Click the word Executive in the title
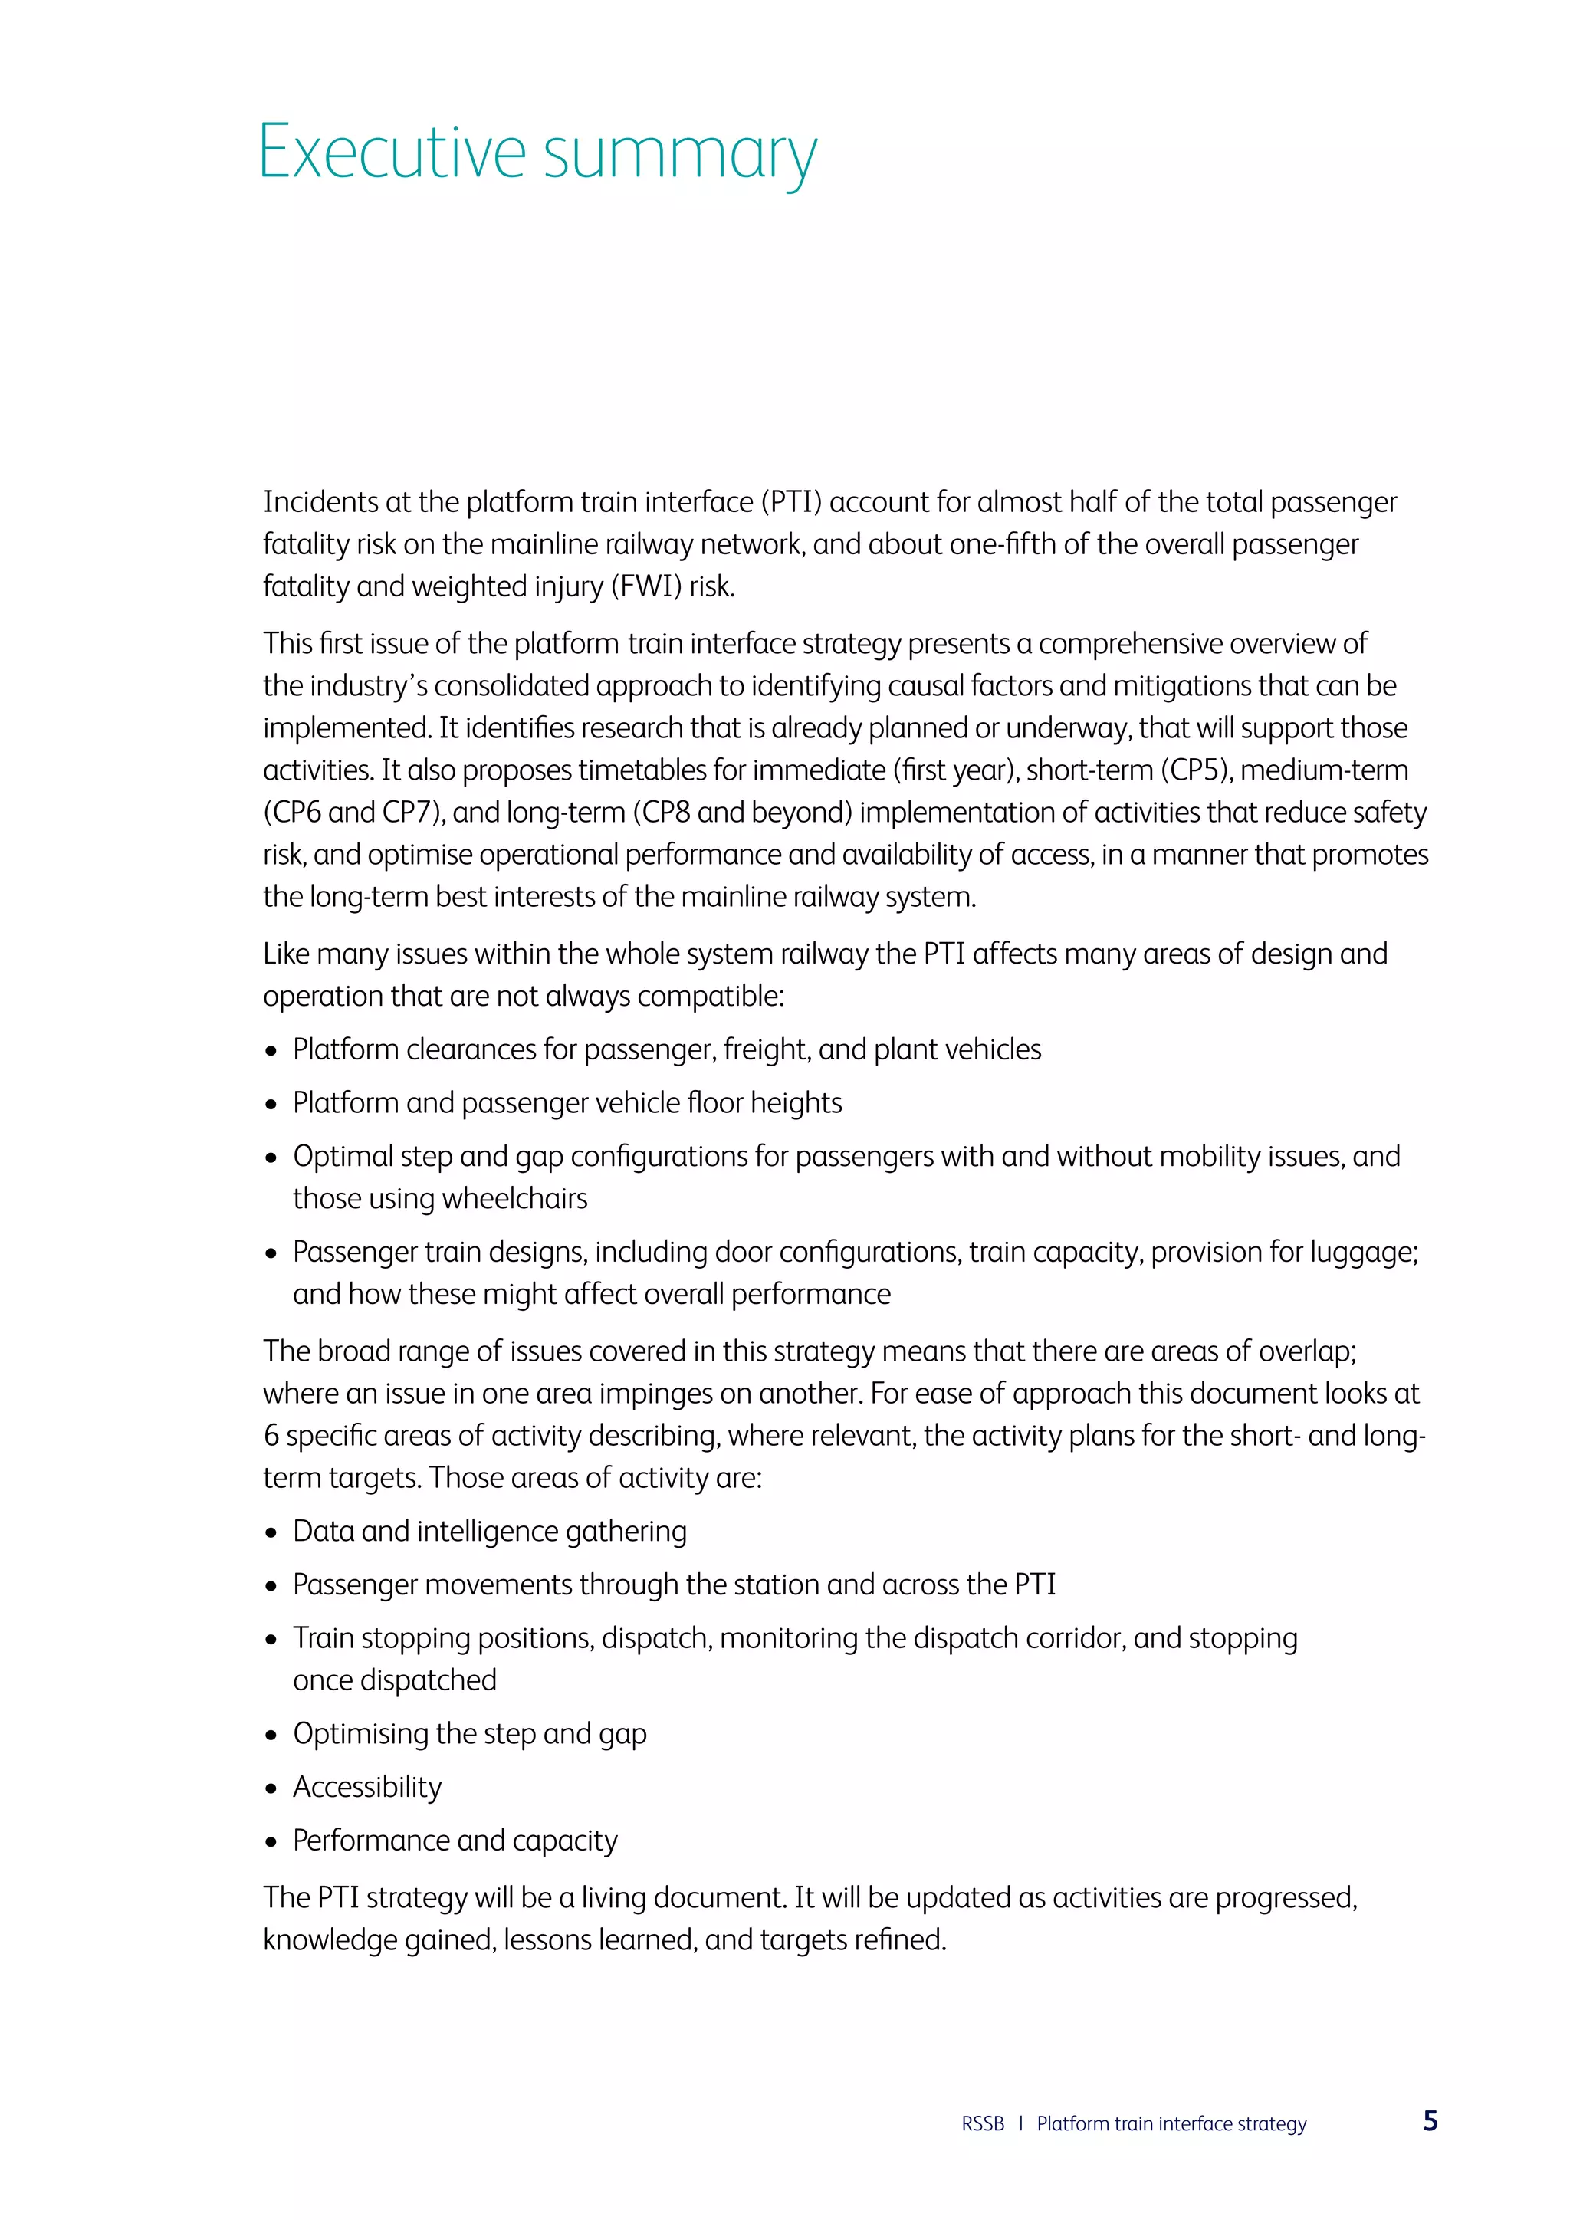pos(392,153)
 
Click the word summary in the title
pos(680,155)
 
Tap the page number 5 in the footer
pos(1430,2121)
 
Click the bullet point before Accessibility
pos(271,1788)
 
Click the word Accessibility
pos(367,1787)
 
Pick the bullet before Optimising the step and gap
pos(271,1736)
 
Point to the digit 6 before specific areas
pos(271,1436)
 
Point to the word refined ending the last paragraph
pos(904,1940)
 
